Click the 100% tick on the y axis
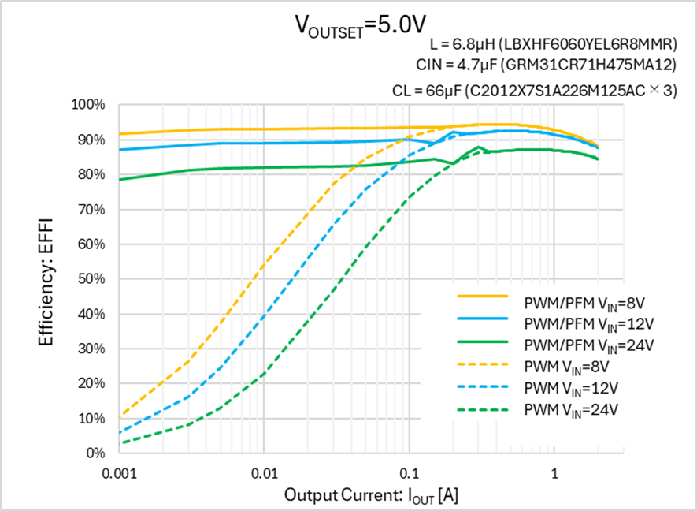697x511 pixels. pos(88,105)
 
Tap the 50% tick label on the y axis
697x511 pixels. pos(91,279)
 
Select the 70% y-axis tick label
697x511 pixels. pos(91,210)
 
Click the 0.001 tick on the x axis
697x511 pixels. pos(119,473)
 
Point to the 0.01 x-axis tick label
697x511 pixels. pos(264,473)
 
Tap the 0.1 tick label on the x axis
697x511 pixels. pos(409,473)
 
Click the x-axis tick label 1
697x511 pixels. pos(554,473)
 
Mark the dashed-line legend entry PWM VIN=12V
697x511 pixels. pos(560,388)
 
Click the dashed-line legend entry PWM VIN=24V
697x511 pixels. pos(560,409)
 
